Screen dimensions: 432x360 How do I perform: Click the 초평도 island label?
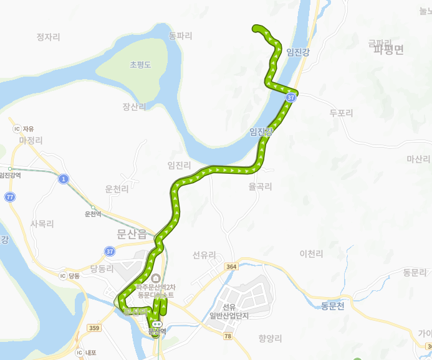point(140,65)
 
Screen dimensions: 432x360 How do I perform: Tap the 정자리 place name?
point(48,37)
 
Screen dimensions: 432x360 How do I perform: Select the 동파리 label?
point(180,36)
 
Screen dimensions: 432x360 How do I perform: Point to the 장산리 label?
point(134,107)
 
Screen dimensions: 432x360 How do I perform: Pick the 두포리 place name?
point(341,113)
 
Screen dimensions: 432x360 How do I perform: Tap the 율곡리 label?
point(260,186)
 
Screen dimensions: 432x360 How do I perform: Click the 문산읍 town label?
point(131,234)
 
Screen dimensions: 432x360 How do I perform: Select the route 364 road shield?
point(232,267)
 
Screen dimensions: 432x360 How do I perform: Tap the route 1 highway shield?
point(63,179)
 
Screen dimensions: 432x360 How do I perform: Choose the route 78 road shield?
point(228,336)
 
